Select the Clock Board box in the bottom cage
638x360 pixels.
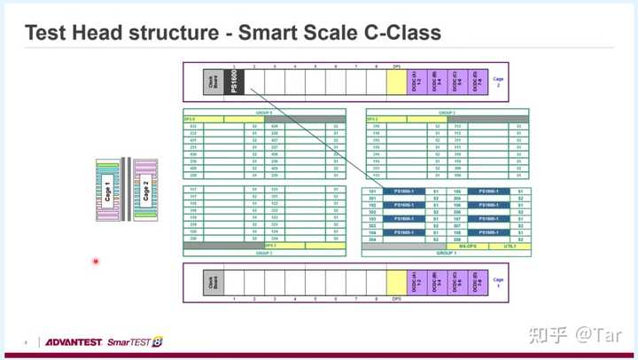pyautogui.click(x=213, y=281)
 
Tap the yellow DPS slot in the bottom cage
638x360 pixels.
pyautogui.click(x=396, y=281)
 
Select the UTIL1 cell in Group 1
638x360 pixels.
pyautogui.click(x=510, y=246)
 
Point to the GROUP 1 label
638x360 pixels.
pyautogui.click(x=446, y=253)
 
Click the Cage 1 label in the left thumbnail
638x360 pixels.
pyautogui.click(x=108, y=190)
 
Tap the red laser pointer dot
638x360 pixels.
pyautogui.click(x=96, y=262)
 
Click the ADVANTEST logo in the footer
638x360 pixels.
pyautogui.click(x=73, y=341)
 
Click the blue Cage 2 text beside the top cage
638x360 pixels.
pyautogui.click(x=498, y=81)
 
